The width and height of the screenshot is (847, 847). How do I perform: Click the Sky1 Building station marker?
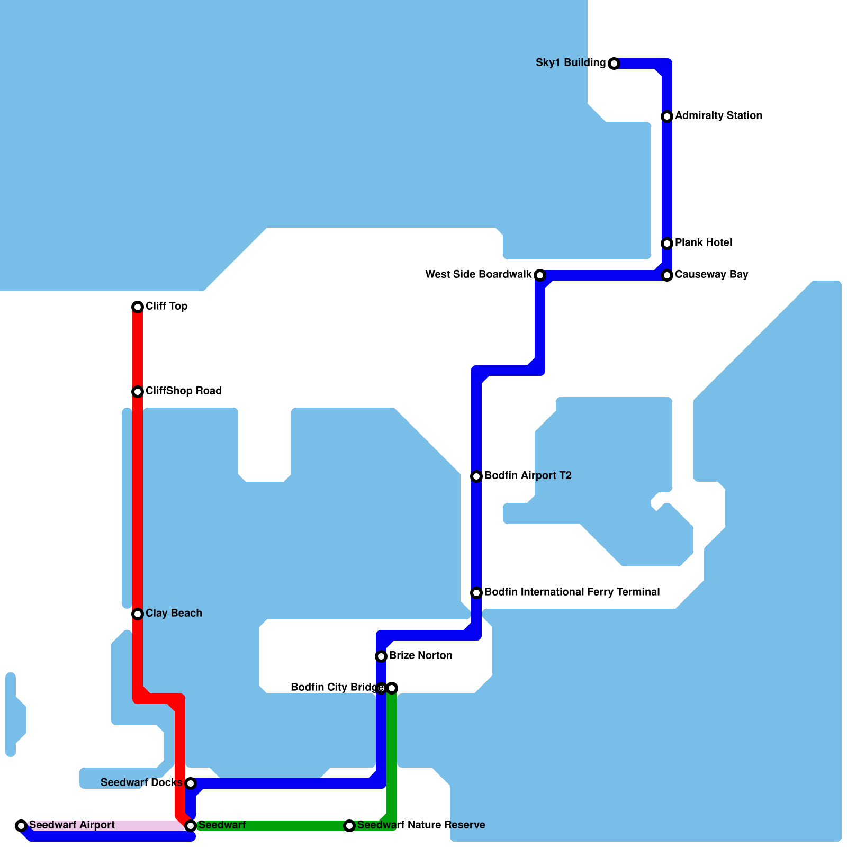pos(614,64)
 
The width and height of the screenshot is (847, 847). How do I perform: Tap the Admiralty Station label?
pos(718,115)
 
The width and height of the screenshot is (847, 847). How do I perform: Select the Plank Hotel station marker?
pos(667,244)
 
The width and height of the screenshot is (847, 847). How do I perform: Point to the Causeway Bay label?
pos(711,274)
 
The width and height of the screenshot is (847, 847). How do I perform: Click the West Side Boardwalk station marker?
pos(539,275)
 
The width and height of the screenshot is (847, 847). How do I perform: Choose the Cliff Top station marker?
pos(138,307)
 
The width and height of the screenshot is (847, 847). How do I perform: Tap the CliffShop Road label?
pos(183,391)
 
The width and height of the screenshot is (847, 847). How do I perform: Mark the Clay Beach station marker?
pos(138,614)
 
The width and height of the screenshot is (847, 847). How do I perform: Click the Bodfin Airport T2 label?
pos(528,475)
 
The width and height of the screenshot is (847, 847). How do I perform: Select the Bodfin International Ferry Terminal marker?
pos(476,593)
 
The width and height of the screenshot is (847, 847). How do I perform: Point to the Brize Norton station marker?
pos(381,656)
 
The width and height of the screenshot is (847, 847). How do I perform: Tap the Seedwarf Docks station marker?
pos(191,783)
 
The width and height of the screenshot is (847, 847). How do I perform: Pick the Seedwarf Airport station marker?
pos(21,825)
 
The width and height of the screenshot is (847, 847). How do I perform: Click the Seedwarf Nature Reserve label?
pos(421,825)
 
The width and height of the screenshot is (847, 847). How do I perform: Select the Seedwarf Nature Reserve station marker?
pos(349,826)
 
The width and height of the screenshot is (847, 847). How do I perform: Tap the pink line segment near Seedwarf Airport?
pos(106,825)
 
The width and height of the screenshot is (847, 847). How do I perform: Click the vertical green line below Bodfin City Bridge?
pos(392,752)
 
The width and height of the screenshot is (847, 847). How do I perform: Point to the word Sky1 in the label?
pos(548,62)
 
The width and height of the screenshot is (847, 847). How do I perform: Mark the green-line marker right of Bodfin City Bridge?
pos(392,688)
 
